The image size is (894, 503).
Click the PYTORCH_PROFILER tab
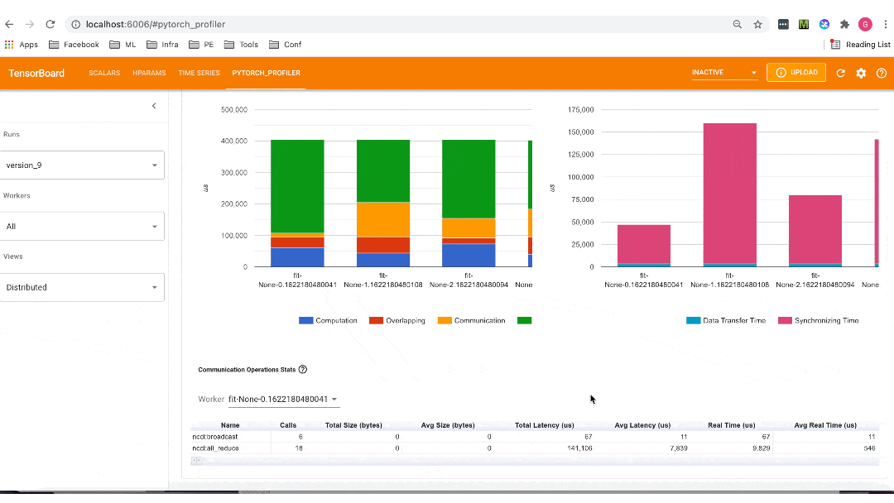click(266, 73)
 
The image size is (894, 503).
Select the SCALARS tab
click(104, 73)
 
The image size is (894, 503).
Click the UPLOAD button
click(796, 73)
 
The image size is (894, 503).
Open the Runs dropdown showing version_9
click(81, 165)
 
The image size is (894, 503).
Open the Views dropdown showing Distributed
click(81, 287)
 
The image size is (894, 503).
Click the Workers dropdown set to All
click(81, 226)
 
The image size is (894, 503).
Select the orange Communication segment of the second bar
click(383, 219)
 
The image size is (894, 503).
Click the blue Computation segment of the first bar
click(297, 256)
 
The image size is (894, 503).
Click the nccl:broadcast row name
click(214, 436)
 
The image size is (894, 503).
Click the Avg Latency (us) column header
click(642, 425)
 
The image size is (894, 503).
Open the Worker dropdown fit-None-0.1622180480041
click(283, 400)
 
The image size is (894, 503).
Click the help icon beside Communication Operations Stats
click(303, 370)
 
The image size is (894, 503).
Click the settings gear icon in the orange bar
click(861, 73)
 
